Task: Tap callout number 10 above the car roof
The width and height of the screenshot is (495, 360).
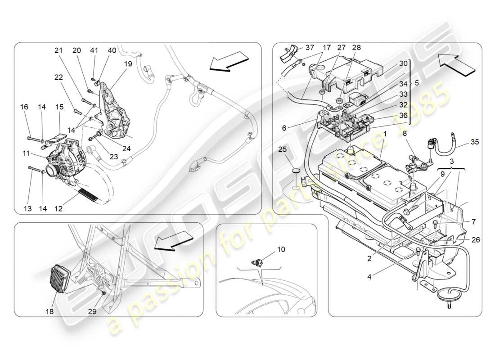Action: pos(268,249)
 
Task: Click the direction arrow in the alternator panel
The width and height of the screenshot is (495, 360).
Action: pos(229,61)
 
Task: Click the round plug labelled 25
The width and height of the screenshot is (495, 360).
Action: pos(295,171)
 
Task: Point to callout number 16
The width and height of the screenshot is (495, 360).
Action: pos(24,107)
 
